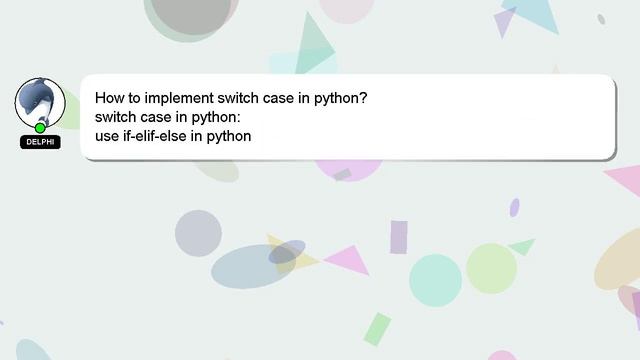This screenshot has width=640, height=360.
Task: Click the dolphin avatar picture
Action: click(x=40, y=101)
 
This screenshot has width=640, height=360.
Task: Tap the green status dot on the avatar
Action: click(x=40, y=128)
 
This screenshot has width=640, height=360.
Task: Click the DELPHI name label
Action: click(x=40, y=142)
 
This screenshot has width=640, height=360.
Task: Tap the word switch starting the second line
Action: click(x=116, y=118)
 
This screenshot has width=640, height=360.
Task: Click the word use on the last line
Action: click(x=106, y=136)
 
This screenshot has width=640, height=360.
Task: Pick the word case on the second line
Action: click(x=160, y=118)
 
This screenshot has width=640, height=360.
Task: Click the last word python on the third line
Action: click(x=229, y=136)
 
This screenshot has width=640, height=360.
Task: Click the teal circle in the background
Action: click(x=435, y=280)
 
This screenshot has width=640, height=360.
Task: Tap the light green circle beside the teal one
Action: click(x=491, y=268)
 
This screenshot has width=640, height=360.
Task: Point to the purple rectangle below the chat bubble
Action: click(x=398, y=237)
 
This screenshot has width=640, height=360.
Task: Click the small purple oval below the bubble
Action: click(x=514, y=207)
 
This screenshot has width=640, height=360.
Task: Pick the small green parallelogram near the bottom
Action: click(x=377, y=329)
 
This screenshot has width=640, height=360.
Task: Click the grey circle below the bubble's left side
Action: click(x=198, y=233)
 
